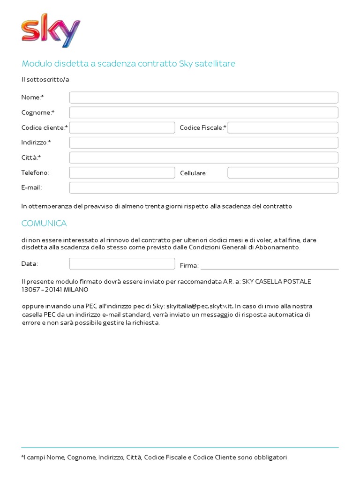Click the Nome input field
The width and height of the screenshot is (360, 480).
(203, 97)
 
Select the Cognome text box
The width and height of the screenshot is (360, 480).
(203, 112)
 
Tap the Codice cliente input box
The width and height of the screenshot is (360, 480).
(122, 127)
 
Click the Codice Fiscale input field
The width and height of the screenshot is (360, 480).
(283, 127)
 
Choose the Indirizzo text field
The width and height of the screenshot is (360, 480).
(203, 142)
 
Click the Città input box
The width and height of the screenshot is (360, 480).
(203, 157)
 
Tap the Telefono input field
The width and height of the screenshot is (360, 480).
(122, 172)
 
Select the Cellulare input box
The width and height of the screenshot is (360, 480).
(283, 172)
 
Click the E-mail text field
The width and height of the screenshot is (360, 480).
(203, 187)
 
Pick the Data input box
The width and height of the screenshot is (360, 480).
(122, 263)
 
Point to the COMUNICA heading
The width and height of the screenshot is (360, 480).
(44, 223)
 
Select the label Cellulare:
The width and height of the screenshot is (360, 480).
(194, 173)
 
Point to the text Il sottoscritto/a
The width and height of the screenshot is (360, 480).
(45, 79)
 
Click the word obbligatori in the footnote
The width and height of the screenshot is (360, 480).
(270, 457)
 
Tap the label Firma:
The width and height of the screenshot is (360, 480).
(189, 266)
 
